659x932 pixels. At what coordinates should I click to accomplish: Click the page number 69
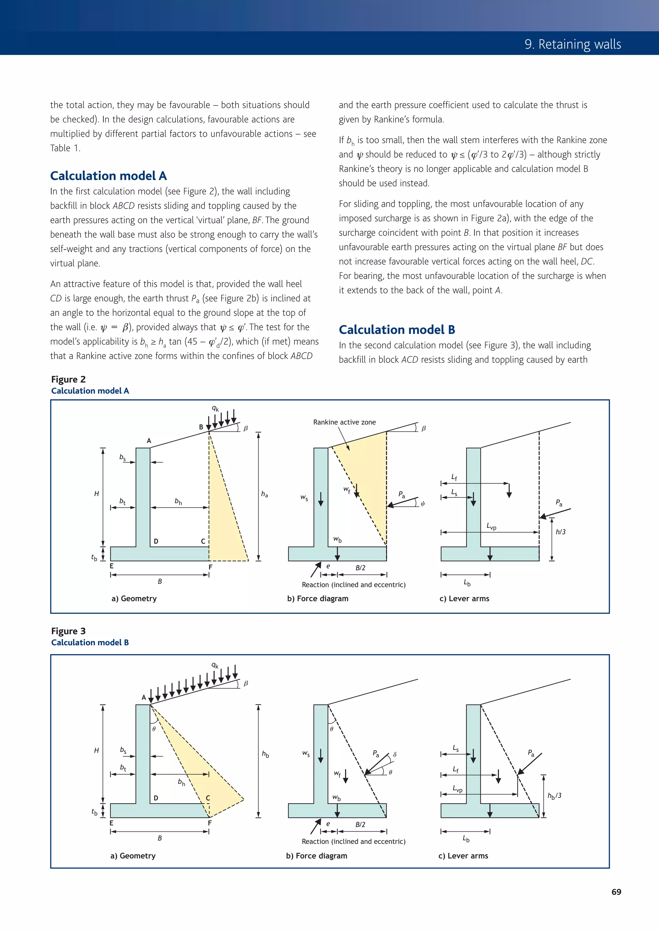616,892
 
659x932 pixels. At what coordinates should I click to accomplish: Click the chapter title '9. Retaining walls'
572,44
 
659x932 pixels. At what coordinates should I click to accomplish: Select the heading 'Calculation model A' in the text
108,176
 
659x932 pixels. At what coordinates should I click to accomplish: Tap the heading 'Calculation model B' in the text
397,330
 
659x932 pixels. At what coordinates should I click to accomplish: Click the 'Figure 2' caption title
68,379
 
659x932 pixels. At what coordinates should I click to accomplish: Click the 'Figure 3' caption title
68,631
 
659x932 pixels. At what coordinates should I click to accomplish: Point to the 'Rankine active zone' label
344,422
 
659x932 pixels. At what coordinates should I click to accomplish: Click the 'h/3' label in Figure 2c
560,532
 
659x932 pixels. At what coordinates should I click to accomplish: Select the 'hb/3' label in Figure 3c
554,796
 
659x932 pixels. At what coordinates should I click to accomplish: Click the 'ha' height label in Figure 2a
264,494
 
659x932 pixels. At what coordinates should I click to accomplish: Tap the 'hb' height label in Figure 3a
265,754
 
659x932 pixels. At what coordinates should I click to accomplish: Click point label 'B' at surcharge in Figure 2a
201,427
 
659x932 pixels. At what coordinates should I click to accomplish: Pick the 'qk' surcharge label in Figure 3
215,665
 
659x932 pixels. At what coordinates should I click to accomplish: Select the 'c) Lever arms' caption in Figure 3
463,856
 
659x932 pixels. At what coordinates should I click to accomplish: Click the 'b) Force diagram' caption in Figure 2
318,598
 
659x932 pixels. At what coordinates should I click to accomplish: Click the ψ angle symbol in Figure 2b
423,504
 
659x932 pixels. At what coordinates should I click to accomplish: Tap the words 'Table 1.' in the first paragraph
65,148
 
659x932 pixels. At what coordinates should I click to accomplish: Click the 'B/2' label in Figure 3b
360,825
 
